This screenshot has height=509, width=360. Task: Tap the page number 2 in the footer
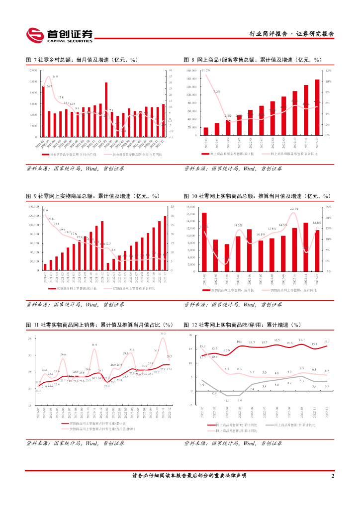[x=332, y=476]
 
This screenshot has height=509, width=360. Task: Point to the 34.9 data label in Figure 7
[x=54, y=77]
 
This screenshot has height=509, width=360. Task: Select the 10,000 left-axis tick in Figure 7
[x=32, y=82]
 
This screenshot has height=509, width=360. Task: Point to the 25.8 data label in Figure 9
[x=51, y=219]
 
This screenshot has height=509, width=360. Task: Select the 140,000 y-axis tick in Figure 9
[x=32, y=206]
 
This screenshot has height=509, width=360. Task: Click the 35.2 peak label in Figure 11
[x=163, y=334]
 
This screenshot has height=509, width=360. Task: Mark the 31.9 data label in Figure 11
[x=94, y=344]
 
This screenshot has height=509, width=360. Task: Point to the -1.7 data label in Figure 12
[x=226, y=400]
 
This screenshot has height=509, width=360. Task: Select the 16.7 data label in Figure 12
[x=301, y=340]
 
